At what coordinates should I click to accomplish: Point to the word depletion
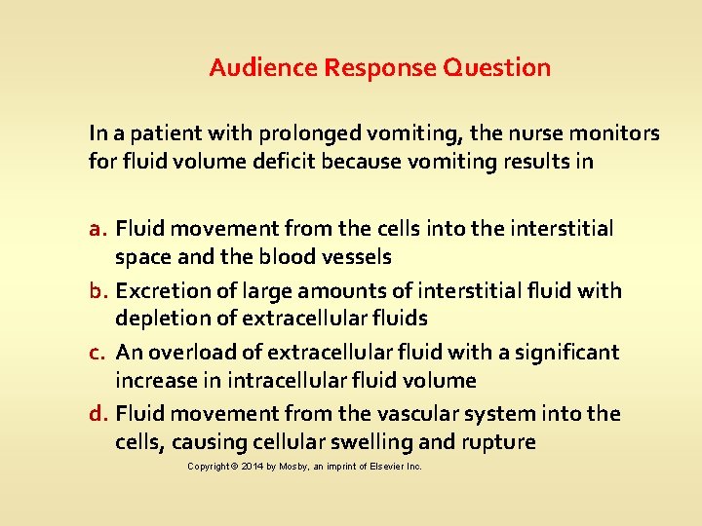[157, 319]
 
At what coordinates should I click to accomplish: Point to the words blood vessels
[332, 257]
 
